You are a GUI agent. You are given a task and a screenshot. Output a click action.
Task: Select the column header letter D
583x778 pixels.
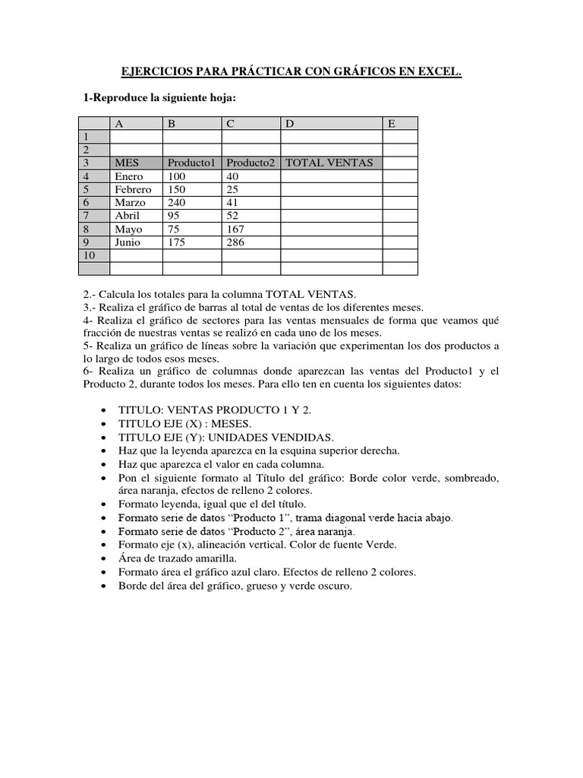tap(289, 123)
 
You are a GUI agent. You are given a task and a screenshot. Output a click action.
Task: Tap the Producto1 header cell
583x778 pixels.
tap(192, 163)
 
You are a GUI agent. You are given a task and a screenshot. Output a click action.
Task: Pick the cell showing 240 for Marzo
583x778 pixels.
tap(177, 203)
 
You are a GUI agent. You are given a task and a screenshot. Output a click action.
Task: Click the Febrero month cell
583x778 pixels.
tap(133, 189)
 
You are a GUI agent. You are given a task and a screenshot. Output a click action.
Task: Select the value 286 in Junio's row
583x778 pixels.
tap(236, 242)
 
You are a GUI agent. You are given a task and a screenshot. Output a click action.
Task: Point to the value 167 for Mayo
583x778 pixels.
tap(236, 229)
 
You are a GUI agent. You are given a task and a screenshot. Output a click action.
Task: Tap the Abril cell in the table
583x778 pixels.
tap(128, 216)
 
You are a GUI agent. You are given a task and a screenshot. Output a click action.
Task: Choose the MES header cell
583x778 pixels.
tap(127, 163)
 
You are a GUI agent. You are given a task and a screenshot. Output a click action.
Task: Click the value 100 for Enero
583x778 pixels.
tap(177, 176)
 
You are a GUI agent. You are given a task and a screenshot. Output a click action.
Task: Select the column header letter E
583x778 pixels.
tap(392, 123)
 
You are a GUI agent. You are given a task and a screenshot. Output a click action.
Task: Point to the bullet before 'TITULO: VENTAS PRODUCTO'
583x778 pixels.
tap(103, 410)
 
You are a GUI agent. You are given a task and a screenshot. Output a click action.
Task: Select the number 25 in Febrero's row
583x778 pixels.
tap(233, 189)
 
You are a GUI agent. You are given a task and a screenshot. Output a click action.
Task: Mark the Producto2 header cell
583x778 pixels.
tap(251, 163)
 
